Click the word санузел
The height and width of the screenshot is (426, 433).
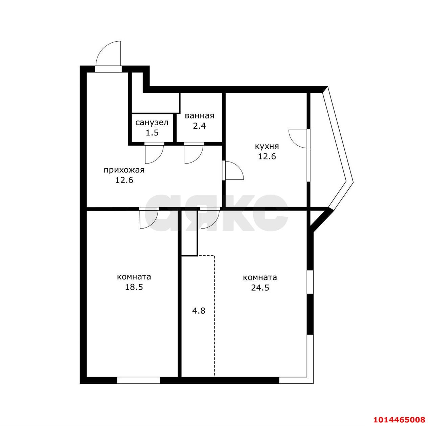coord(152,123)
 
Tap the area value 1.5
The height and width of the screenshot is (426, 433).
coord(152,133)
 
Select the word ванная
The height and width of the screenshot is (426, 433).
coord(199,116)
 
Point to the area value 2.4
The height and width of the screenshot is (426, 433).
coord(199,126)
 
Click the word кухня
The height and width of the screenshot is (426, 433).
coord(267,146)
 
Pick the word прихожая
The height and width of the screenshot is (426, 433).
coord(124,170)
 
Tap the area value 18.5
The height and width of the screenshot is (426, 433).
coord(134,287)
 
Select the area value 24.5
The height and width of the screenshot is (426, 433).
coord(260,288)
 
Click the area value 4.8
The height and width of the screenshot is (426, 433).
coord(199,311)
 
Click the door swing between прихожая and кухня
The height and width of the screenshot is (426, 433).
coord(238,167)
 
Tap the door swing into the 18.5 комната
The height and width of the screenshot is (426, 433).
coord(153,224)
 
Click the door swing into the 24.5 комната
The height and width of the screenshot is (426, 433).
coord(214,224)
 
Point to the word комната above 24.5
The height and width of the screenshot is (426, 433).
coord(260,278)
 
